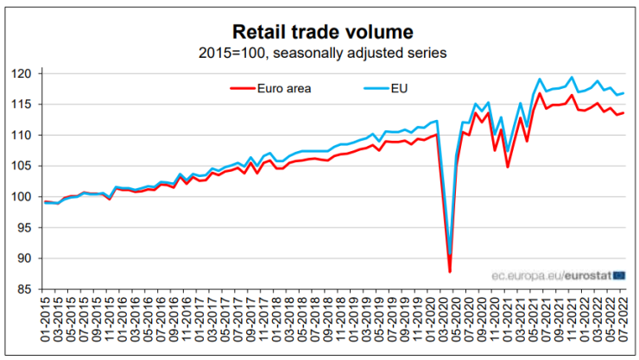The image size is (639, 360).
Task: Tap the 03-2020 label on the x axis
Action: click(438, 324)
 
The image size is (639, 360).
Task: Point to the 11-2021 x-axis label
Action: click(573, 324)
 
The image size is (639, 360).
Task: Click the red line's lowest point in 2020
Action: click(450, 272)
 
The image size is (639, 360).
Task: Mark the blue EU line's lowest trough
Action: click(450, 255)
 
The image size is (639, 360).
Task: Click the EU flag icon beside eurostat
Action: click(618, 275)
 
